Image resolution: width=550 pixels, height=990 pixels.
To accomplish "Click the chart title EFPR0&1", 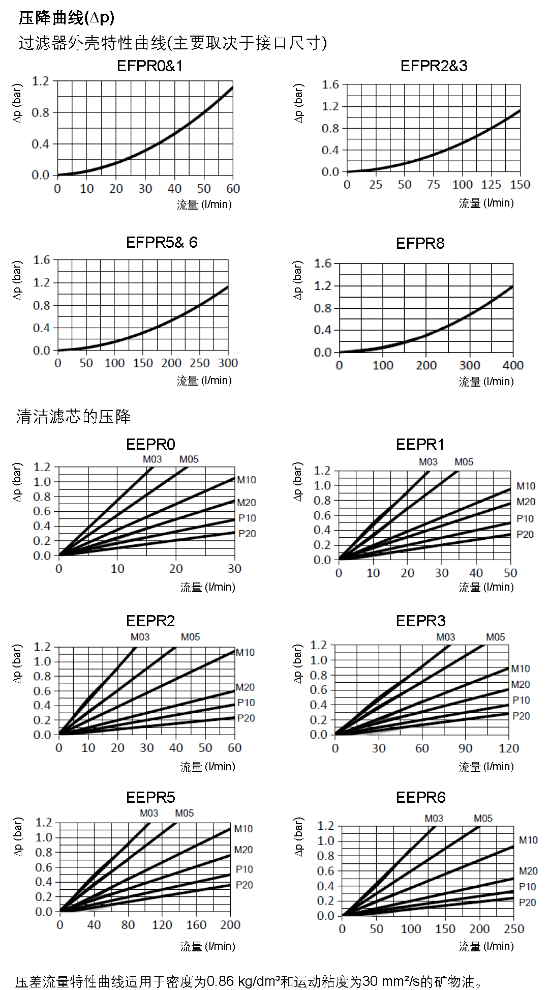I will pyautogui.click(x=149, y=66).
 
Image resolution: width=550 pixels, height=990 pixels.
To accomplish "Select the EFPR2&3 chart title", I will pyautogui.click(x=434, y=66).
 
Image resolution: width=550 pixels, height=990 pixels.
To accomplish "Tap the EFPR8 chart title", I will pyautogui.click(x=420, y=244).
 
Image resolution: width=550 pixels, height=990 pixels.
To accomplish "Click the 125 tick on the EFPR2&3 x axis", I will pyautogui.click(x=491, y=185).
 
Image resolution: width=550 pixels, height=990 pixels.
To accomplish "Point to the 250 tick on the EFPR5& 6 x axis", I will pyautogui.click(x=199, y=363).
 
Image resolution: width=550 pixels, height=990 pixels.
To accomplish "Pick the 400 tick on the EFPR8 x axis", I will pyautogui.click(x=513, y=365).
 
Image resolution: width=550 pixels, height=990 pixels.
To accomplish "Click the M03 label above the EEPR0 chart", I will pyautogui.click(x=152, y=459).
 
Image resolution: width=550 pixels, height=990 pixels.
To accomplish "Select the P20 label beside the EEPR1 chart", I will pyautogui.click(x=525, y=535).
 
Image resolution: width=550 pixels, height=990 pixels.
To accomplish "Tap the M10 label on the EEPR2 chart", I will pyautogui.click(x=245, y=653).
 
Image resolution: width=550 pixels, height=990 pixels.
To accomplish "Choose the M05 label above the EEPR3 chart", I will pyautogui.click(x=495, y=637).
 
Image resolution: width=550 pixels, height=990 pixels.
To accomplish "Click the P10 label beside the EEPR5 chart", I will pyautogui.click(x=244, y=869).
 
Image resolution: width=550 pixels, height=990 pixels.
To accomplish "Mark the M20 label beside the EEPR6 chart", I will pyautogui.click(x=528, y=871).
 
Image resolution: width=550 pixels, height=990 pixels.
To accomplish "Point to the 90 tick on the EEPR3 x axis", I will pyautogui.click(x=465, y=748).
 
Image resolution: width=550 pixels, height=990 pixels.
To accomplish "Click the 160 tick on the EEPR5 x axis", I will pyautogui.click(x=196, y=925).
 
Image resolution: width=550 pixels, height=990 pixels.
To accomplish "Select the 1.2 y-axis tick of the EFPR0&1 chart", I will pyautogui.click(x=41, y=81).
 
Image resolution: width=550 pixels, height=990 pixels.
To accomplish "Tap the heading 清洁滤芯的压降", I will pyautogui.click(x=73, y=417).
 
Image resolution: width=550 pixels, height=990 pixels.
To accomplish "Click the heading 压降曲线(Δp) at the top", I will pyautogui.click(x=67, y=18).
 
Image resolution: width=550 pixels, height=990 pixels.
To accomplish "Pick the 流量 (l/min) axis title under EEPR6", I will pyautogui.click(x=486, y=946).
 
